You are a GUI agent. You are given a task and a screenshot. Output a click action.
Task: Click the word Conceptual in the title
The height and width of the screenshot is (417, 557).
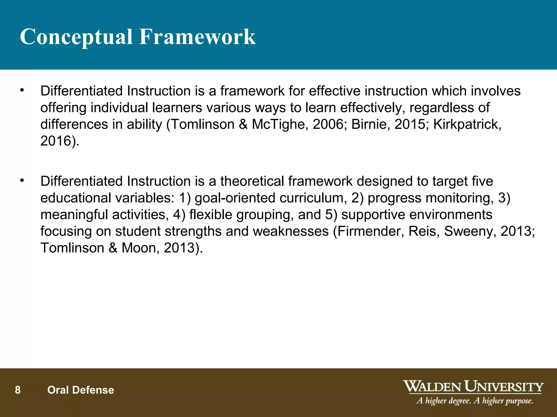(76, 37)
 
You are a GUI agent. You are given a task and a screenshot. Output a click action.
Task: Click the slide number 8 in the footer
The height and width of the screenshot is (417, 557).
(18, 390)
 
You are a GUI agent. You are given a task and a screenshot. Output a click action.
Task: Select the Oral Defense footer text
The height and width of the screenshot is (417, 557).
(81, 390)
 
